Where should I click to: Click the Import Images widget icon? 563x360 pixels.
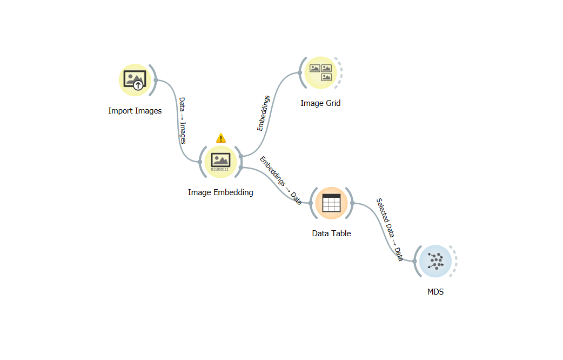click(x=134, y=80)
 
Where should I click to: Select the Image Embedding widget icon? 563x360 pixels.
click(x=220, y=161)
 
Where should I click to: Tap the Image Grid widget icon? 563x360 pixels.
click(x=320, y=72)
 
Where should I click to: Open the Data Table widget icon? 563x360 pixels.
click(x=331, y=203)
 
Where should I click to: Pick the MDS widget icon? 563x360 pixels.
click(x=435, y=261)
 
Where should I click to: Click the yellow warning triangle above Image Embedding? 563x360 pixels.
click(x=220, y=138)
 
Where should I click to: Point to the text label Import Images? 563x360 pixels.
click(x=135, y=111)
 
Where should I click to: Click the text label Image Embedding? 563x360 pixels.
click(x=220, y=192)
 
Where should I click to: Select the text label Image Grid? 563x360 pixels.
click(x=320, y=103)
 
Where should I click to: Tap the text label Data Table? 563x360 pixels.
click(x=331, y=234)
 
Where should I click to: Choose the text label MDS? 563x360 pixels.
click(x=435, y=292)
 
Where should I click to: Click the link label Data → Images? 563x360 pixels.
click(x=183, y=121)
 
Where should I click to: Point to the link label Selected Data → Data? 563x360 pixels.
click(x=390, y=230)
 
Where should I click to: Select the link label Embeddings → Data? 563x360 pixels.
click(x=280, y=181)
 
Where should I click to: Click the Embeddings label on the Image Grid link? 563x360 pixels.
click(x=264, y=114)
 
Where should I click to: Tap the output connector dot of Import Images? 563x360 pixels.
click(x=156, y=80)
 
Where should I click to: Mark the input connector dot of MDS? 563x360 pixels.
click(x=414, y=261)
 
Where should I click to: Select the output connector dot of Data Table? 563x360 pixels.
click(x=352, y=203)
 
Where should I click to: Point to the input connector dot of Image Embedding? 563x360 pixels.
click(x=200, y=161)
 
